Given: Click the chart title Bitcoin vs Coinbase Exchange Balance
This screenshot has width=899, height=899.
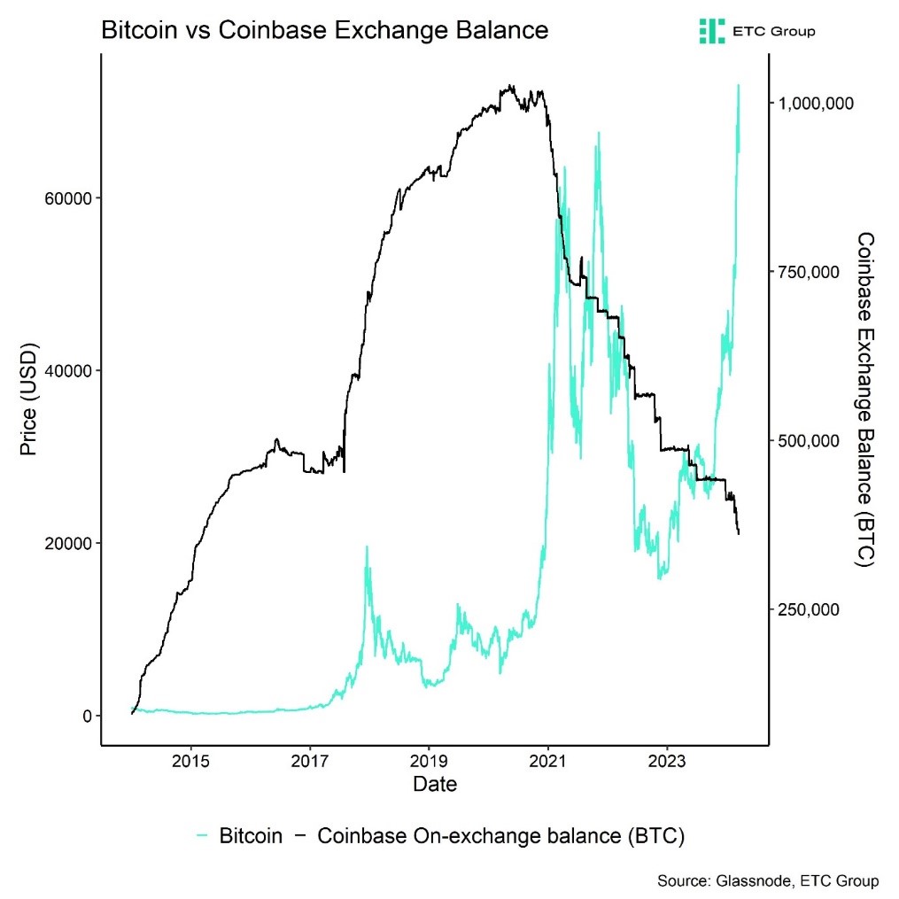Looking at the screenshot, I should (x=325, y=30).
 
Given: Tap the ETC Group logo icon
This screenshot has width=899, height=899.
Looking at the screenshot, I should (x=711, y=31).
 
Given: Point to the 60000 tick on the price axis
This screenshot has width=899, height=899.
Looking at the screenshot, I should (x=67, y=198).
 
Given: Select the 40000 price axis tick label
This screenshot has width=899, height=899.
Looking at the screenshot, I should (x=67, y=370).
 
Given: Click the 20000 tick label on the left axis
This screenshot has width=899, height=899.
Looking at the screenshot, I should (x=67, y=543).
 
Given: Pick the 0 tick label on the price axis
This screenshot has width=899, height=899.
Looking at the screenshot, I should (x=85, y=716).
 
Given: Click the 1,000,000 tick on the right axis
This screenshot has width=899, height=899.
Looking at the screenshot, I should (x=816, y=104).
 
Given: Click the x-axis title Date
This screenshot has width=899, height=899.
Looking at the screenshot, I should (x=435, y=784).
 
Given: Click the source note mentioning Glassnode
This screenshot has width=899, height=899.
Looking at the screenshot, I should (x=768, y=881).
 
